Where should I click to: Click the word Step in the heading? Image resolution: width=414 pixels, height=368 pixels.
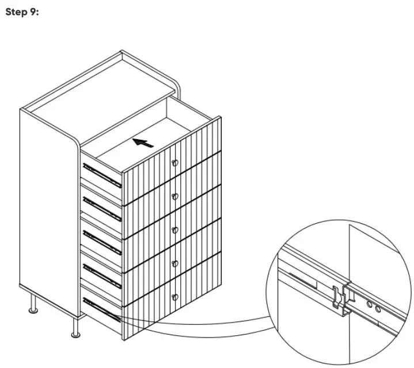(14, 12)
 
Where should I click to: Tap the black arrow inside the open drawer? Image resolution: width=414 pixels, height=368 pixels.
(143, 142)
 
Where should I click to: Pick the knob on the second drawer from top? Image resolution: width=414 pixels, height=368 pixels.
(175, 197)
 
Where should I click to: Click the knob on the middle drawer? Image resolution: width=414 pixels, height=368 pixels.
(175, 230)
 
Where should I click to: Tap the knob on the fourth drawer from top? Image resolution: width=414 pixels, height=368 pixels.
(175, 263)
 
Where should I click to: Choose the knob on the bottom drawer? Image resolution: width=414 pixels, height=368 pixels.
(175, 297)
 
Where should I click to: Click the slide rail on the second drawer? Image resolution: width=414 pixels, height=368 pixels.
(102, 209)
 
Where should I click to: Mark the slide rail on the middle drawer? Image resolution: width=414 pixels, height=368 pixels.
(102, 242)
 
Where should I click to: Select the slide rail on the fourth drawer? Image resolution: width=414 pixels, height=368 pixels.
(102, 275)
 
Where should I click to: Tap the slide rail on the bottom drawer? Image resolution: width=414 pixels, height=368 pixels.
(102, 309)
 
